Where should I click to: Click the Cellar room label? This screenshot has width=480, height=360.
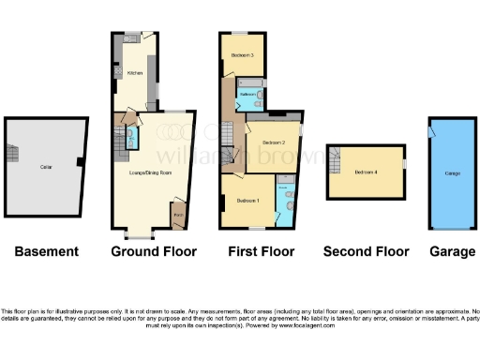pos(44,170)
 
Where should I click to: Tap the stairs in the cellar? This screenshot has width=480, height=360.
pos(13,155)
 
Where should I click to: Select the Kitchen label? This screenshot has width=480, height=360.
pos(135,71)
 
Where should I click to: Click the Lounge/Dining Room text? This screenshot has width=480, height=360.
pos(150,172)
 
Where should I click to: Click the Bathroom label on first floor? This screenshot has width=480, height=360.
pos(249,95)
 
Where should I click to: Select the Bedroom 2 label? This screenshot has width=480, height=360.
pos(273,142)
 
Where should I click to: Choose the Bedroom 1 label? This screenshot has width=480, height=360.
pos(247,202)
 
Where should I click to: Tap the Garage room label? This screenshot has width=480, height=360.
pos(451,173)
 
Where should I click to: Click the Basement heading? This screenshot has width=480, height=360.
pos(47,251)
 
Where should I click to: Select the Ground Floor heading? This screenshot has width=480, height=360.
pos(154,251)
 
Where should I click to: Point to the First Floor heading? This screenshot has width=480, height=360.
pos(262,251)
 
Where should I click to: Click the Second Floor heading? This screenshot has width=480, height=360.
pos(366,251)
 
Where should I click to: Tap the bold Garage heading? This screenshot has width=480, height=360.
pos(451,251)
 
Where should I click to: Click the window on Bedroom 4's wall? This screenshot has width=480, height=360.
pos(405,165)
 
